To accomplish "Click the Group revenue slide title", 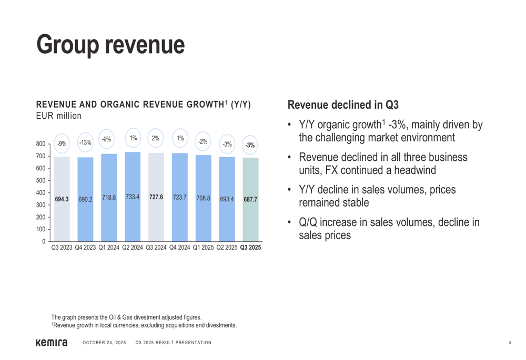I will click(x=110, y=45).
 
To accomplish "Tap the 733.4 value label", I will click(x=133, y=197).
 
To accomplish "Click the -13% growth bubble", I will click(x=85, y=142).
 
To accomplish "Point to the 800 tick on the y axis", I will click(x=41, y=144).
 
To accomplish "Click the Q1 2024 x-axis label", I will click(x=109, y=247).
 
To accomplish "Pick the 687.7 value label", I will click(x=250, y=200).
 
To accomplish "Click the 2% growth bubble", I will click(x=156, y=138).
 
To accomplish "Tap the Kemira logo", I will click(x=51, y=343).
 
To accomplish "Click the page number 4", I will click(x=510, y=343).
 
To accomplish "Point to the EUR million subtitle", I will click(x=58, y=116).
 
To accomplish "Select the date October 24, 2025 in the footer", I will click(x=104, y=343).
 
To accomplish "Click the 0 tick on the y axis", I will click(x=44, y=242).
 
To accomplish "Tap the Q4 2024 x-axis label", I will click(x=180, y=247).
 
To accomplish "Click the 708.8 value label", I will click(x=203, y=198).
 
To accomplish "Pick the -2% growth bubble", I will click(x=203, y=141).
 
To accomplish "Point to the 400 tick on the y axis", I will click(x=41, y=193).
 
